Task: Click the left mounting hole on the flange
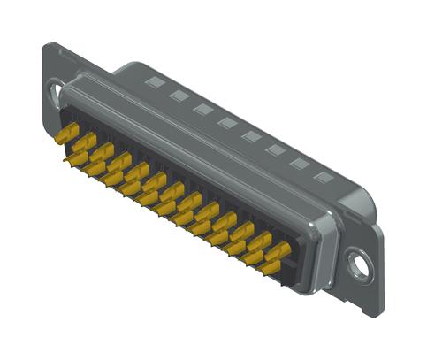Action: pos(56,91)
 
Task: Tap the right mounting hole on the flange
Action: pos(358,261)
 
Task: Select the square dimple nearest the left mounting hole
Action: pos(155,82)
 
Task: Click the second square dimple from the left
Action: pos(179,95)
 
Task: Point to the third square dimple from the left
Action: pos(202,108)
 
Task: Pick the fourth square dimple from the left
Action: pos(226,122)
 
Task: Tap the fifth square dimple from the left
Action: pos(251,136)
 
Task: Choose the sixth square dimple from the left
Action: pos(275,149)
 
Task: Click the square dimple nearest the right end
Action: pos(324,177)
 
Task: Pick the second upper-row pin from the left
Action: pos(84,142)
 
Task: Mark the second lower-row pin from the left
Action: pos(95,168)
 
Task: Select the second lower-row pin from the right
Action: pos(253,257)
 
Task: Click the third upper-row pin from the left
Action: pos(102,151)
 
